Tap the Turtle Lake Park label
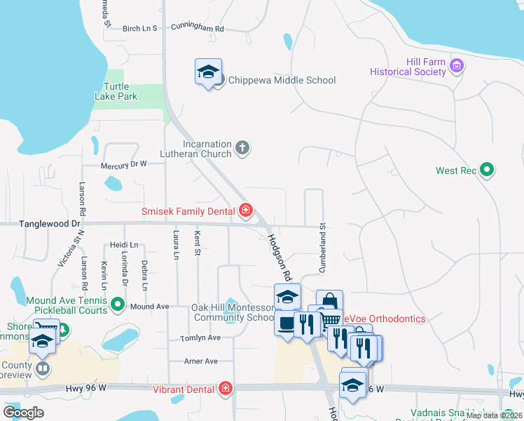[116, 91]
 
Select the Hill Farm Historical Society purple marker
[457, 67]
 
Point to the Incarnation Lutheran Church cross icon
[242, 147]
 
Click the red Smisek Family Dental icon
[246, 210]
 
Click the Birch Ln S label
[140, 29]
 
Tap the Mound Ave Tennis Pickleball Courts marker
[118, 305]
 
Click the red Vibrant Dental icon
[226, 388]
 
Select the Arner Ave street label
[200, 361]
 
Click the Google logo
[23, 413]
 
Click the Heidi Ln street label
[124, 245]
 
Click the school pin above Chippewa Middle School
[208, 72]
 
